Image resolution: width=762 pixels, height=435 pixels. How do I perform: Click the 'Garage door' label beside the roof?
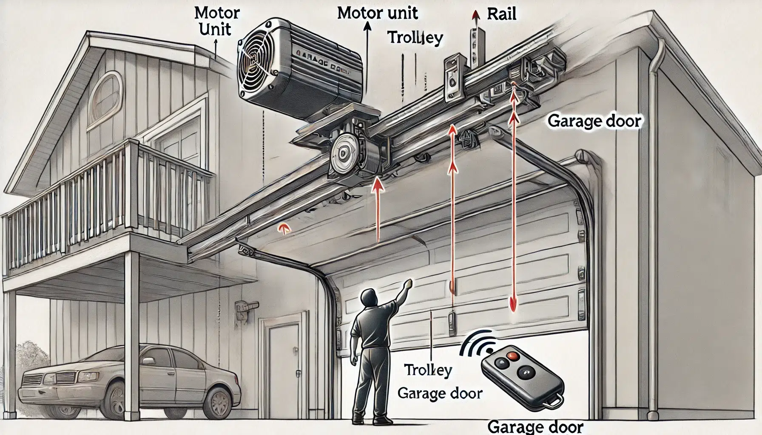point(594,121)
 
